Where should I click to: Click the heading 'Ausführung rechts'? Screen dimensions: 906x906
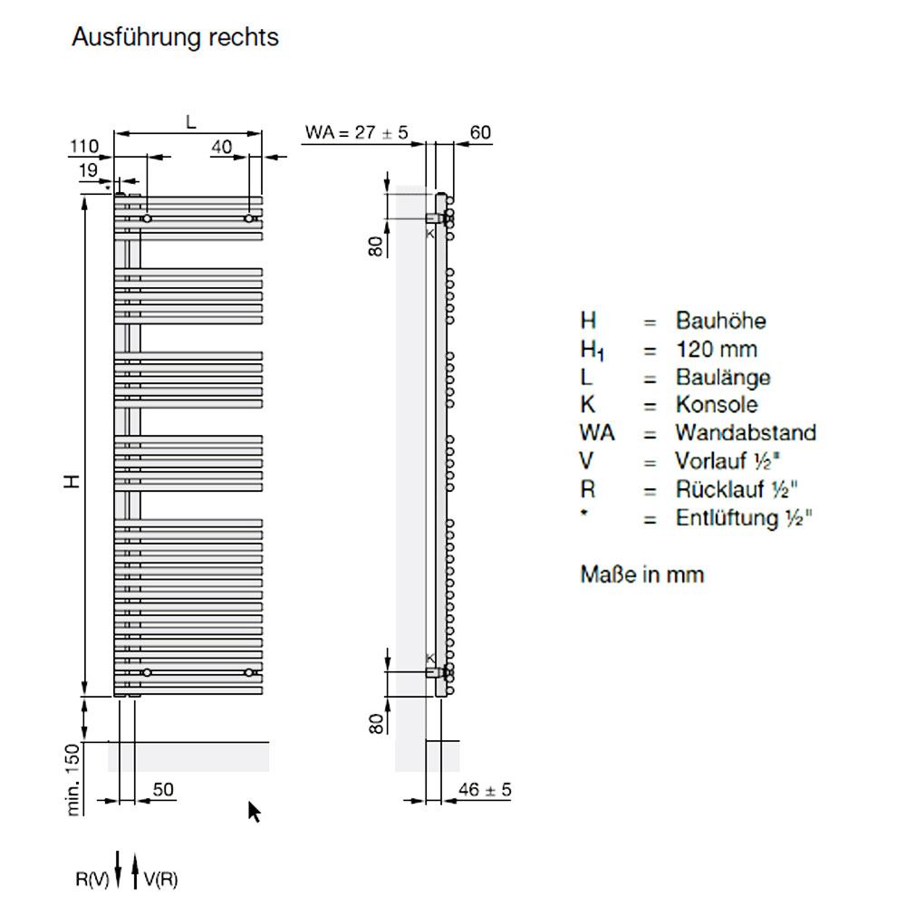point(175,38)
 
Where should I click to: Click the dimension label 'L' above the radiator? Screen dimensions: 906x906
point(190,121)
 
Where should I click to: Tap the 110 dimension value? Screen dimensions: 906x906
point(85,146)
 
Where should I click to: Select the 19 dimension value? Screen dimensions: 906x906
point(88,169)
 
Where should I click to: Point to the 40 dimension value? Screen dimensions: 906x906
point(222,146)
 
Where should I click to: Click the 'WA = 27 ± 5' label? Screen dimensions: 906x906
point(356,133)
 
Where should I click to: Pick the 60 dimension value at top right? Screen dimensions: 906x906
point(479,133)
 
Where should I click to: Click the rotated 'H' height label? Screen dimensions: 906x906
point(72,481)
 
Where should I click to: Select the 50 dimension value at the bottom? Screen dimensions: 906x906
point(162,790)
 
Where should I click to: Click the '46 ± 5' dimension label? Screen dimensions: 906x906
point(485,790)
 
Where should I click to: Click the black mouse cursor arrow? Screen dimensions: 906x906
point(255,812)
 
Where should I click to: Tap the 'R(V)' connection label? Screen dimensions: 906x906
point(92,877)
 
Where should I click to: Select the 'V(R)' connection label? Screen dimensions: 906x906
point(160,877)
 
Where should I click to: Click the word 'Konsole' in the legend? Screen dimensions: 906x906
point(717,404)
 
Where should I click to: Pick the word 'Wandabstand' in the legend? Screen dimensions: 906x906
point(745,432)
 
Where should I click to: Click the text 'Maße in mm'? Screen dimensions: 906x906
point(641,574)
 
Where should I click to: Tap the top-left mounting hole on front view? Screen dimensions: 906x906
point(147,218)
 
